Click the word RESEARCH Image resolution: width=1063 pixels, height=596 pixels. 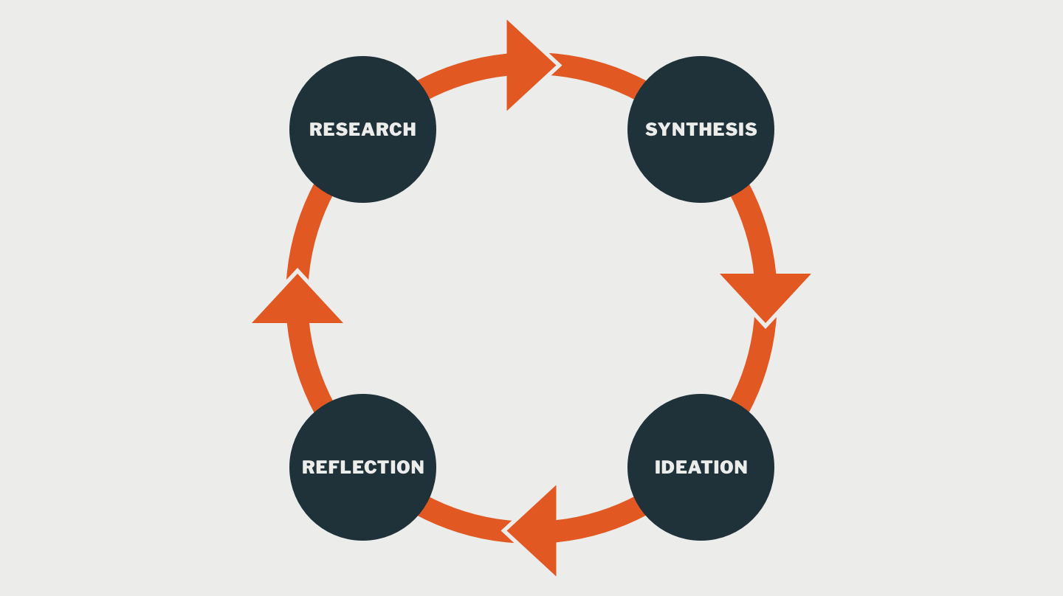tap(362, 129)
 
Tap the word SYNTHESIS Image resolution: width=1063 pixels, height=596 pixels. tap(701, 129)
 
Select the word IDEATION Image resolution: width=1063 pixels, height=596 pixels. tap(701, 467)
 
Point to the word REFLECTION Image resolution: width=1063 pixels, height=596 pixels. tap(362, 467)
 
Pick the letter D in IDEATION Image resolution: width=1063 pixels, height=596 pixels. tap(670, 467)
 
